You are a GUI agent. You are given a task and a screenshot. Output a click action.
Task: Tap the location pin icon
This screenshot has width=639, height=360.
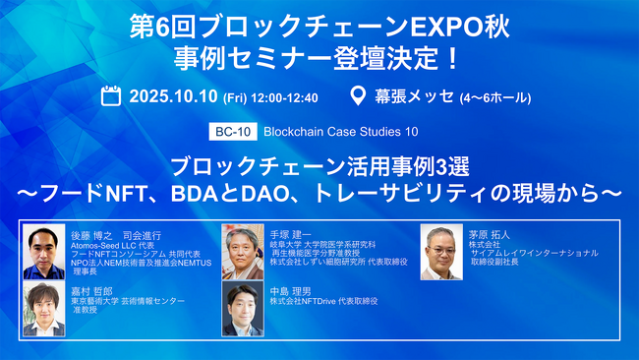pos(360,96)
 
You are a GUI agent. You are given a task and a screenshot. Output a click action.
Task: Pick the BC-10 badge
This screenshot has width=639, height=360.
pos(230,131)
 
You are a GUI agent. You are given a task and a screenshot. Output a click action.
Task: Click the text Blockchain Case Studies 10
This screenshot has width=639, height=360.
pos(335,131)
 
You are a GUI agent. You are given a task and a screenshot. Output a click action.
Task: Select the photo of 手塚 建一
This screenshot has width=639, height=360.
pos(243,253)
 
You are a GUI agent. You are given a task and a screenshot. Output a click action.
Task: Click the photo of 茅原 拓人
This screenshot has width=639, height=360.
pos(441,253)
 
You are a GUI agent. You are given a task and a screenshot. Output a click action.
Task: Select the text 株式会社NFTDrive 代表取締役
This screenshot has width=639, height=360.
pos(326,301)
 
